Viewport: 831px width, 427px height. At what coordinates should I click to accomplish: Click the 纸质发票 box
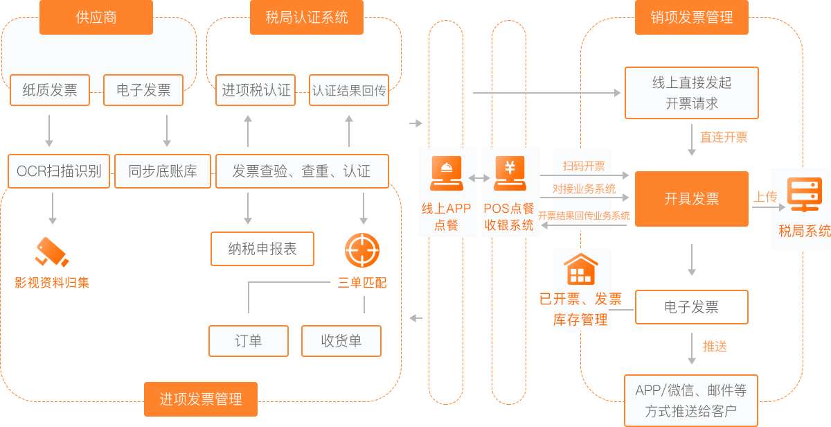(50, 90)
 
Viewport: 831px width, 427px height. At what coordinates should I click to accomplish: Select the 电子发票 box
(143, 90)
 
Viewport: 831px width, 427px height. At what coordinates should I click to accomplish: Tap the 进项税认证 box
(256, 90)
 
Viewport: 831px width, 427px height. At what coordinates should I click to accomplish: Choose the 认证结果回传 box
(349, 90)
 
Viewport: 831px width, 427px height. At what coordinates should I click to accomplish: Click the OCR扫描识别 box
(59, 171)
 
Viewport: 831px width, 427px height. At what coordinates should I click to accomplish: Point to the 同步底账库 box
(163, 171)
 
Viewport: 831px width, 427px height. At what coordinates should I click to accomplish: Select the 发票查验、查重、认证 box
(301, 171)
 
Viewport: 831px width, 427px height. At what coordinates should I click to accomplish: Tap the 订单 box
(249, 341)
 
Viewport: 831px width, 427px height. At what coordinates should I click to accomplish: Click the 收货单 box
(341, 341)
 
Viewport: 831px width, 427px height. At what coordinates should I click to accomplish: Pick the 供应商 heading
(96, 18)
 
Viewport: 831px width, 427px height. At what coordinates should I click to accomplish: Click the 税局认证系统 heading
(307, 18)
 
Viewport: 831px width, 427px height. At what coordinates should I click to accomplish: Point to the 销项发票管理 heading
(692, 18)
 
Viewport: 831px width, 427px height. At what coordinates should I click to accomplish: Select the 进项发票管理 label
(201, 399)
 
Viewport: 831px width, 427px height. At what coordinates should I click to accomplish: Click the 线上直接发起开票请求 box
(692, 93)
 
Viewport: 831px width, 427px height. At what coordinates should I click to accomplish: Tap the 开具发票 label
(692, 200)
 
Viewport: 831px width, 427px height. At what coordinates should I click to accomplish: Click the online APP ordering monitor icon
(447, 174)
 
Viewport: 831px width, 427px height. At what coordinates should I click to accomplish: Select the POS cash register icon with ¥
(510, 174)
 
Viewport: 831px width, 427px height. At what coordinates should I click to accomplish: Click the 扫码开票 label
(584, 166)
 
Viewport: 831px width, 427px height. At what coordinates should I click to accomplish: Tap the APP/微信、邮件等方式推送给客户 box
(691, 401)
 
